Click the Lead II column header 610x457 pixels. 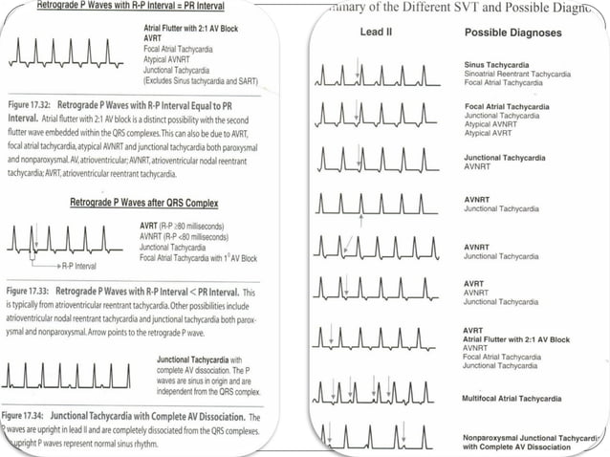(376, 33)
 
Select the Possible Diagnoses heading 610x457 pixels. (512, 33)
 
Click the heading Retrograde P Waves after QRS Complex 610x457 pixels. (143, 203)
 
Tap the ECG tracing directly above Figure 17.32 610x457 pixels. (67, 59)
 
